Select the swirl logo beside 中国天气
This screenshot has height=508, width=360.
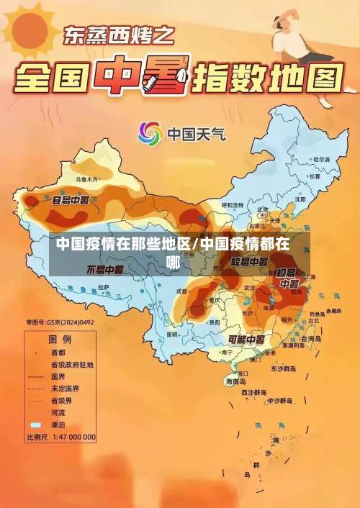point(150,133)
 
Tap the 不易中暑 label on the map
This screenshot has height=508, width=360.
point(105,269)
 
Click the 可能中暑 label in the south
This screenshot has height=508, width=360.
point(246,338)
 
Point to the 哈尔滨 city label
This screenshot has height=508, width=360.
point(320,159)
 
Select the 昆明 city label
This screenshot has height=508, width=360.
point(172,334)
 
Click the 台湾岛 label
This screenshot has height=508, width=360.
point(312,338)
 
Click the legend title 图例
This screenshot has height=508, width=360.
point(60,338)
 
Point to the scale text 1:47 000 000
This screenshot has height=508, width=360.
point(71,437)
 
